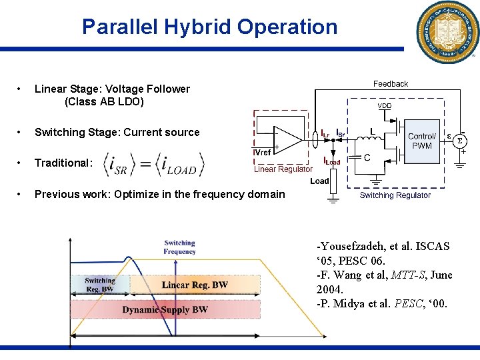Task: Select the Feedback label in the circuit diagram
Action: tap(390, 84)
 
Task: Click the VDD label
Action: tap(385, 106)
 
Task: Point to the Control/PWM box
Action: tap(421, 141)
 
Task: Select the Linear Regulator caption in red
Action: tap(283, 169)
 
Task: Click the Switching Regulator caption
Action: tap(395, 195)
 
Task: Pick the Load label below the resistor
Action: tap(319, 181)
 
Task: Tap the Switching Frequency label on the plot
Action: tap(179, 247)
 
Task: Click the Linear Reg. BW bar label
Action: tap(195, 285)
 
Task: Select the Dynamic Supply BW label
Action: tap(165, 309)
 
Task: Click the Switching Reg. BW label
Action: tap(100, 285)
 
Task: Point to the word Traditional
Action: tap(63, 163)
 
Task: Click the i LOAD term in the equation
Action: tap(179, 164)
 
